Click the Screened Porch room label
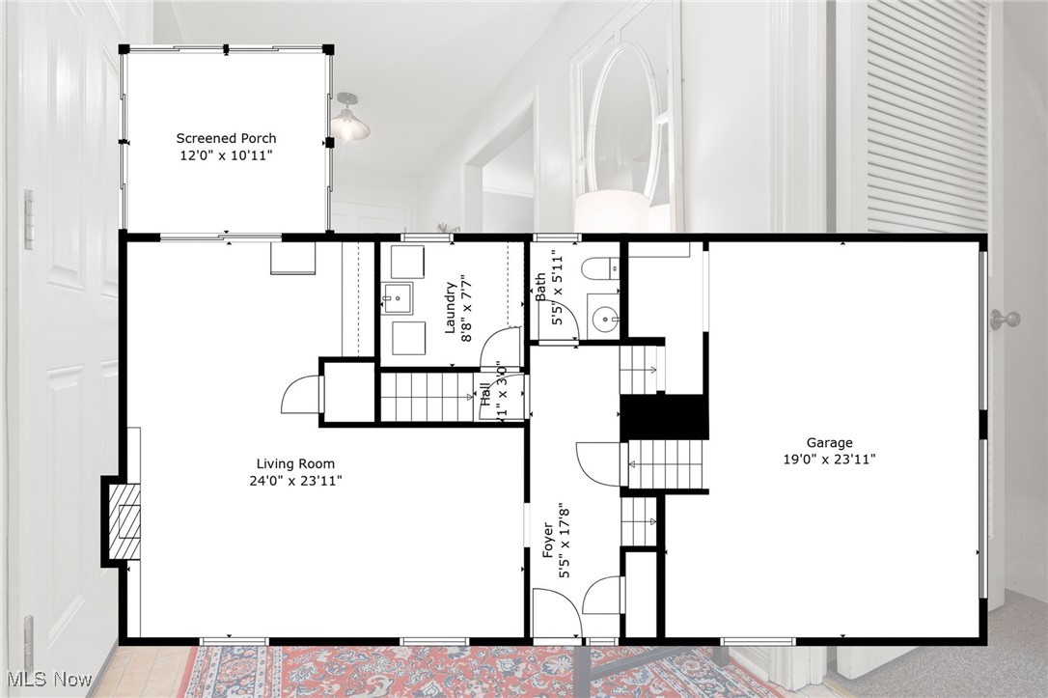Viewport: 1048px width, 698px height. point(226,138)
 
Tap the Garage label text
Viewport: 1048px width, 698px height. point(829,443)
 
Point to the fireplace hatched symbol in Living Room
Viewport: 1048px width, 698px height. point(124,521)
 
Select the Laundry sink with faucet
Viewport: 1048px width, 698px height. point(396,298)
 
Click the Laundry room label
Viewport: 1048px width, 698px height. point(450,307)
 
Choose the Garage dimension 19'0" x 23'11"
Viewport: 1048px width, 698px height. point(829,460)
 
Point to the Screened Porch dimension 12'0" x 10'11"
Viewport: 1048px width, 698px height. point(226,154)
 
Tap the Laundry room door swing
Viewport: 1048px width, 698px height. point(501,349)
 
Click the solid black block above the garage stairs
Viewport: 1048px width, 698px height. point(664,416)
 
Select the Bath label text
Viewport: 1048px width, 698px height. point(541,287)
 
